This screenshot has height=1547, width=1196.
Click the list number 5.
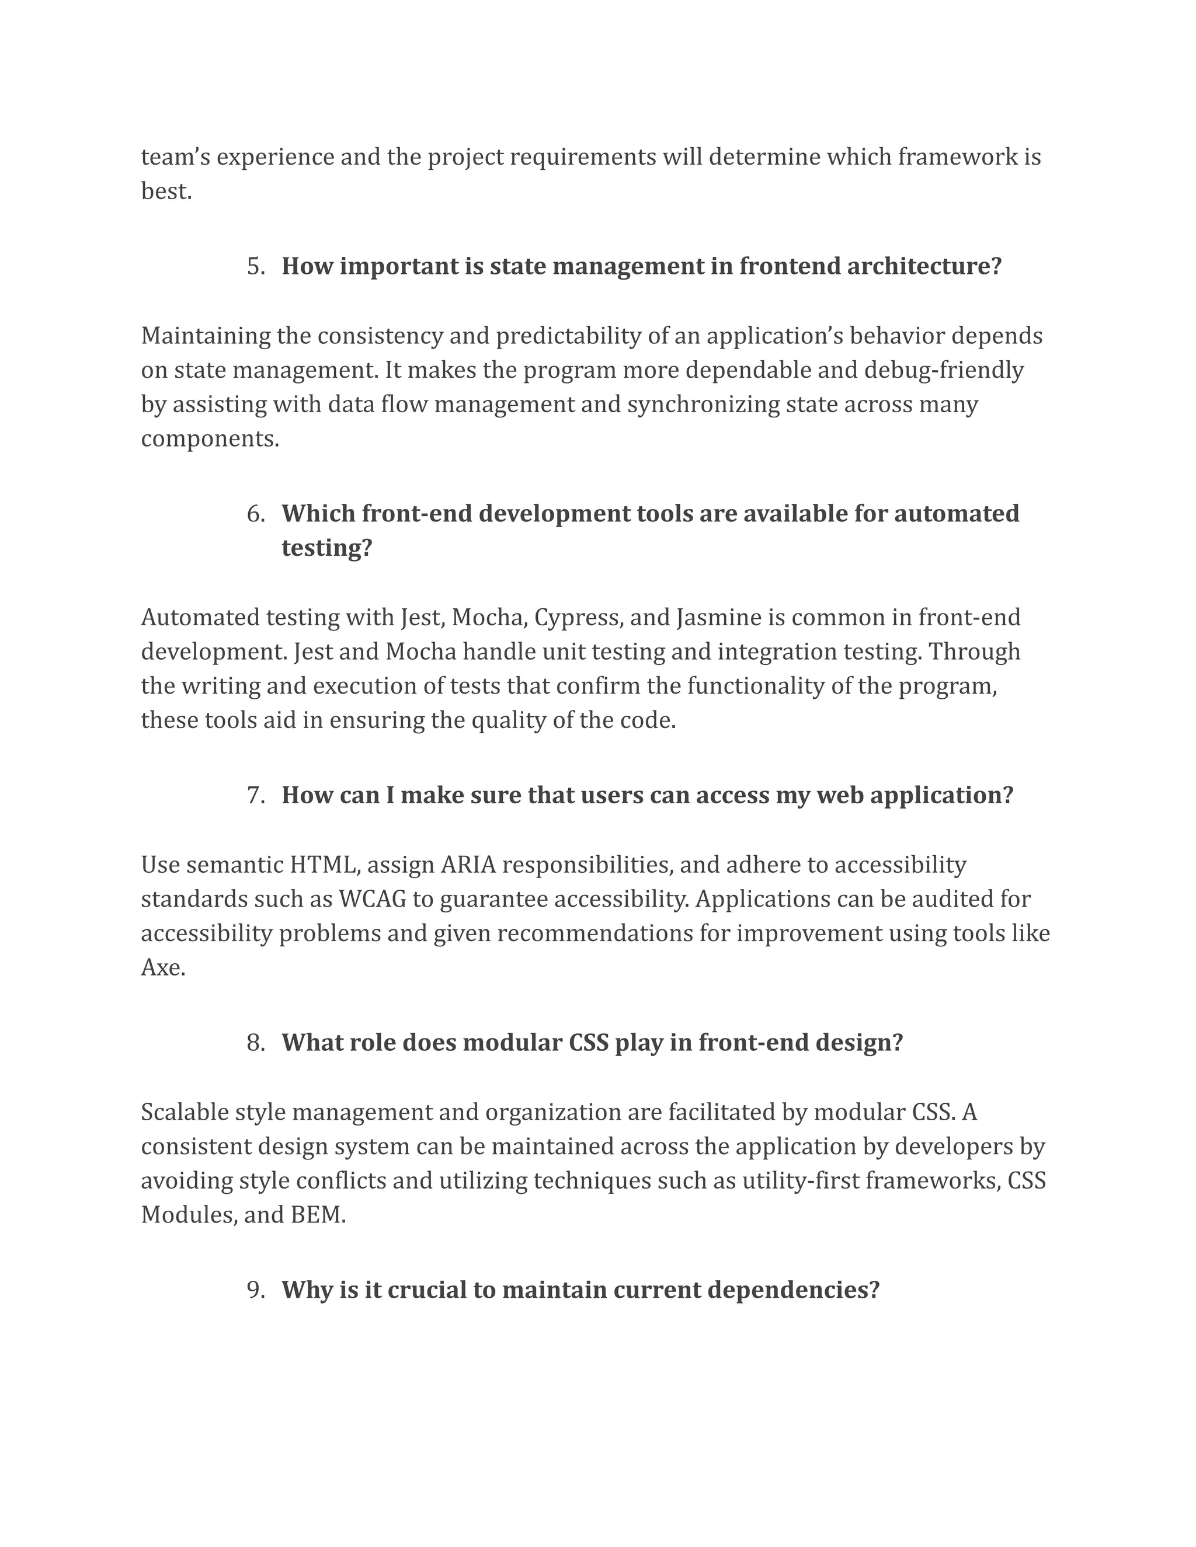coord(255,267)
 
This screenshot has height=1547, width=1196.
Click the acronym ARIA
coord(468,865)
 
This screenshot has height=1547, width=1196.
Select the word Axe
coord(162,967)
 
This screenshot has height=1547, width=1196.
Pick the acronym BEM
coord(318,1215)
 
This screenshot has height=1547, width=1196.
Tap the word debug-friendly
coord(943,371)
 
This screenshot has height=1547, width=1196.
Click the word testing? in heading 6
coord(326,548)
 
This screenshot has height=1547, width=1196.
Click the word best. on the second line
coord(166,191)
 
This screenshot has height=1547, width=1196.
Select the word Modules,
coord(189,1215)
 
